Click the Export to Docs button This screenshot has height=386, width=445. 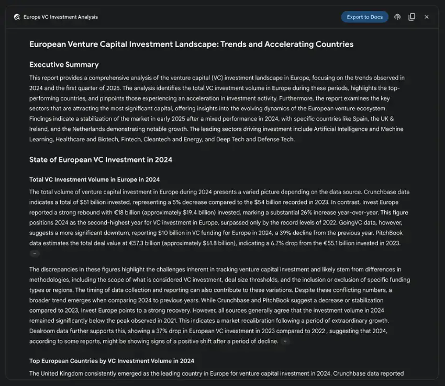click(x=364, y=17)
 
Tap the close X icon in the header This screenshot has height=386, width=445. click(x=427, y=17)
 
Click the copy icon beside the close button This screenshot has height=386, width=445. click(x=412, y=17)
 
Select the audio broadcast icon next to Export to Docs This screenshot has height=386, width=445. click(x=397, y=17)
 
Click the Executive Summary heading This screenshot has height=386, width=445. click(x=64, y=64)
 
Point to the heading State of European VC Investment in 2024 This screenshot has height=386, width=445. click(x=101, y=160)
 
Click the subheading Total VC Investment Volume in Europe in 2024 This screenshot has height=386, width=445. click(x=94, y=179)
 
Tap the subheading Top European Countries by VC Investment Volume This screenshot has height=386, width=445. click(x=112, y=361)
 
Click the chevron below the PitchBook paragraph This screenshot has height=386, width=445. click(x=35, y=253)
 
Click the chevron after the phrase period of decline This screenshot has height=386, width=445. click(x=285, y=341)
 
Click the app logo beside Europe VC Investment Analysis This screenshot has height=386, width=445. click(x=17, y=17)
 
